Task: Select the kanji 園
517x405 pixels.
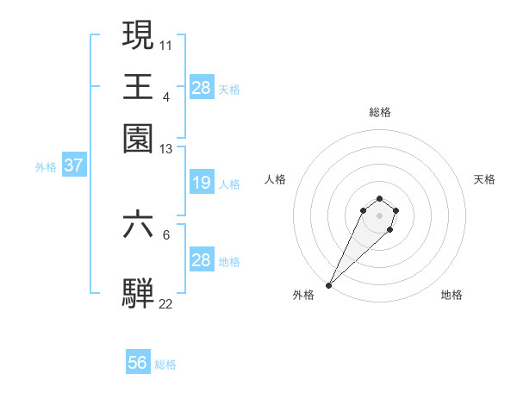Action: click(x=139, y=138)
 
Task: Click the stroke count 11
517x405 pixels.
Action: click(x=166, y=44)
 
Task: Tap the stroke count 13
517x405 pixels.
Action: click(x=166, y=149)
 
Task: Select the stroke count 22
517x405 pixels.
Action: click(x=166, y=303)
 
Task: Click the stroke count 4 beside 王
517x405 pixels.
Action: click(x=165, y=97)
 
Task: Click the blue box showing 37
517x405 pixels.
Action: click(x=73, y=165)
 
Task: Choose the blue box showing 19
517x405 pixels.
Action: click(x=201, y=183)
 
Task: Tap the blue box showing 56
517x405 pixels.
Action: click(x=138, y=363)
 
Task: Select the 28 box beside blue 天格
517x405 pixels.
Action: click(x=201, y=87)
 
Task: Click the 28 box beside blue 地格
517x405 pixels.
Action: click(x=201, y=260)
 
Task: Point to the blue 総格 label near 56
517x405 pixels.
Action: click(x=166, y=364)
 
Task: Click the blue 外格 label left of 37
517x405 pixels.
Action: click(x=46, y=167)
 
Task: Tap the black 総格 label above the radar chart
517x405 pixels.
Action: click(x=380, y=112)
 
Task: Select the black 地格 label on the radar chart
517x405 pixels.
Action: click(x=452, y=296)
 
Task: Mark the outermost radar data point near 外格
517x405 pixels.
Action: click(x=329, y=285)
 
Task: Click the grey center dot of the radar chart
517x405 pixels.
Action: click(x=379, y=215)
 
